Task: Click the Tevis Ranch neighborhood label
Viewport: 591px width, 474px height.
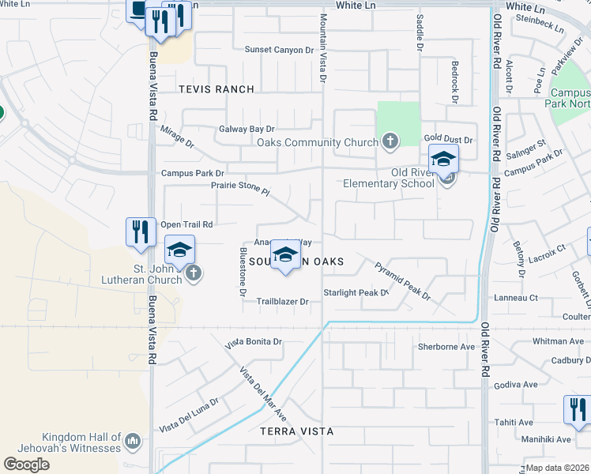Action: pos(216,89)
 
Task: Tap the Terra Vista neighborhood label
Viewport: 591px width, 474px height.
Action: pos(296,431)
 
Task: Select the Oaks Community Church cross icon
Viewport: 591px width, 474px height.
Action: pos(389,142)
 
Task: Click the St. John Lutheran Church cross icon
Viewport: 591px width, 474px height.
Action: pos(194,274)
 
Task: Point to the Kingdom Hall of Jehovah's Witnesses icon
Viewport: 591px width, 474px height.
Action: pos(133,438)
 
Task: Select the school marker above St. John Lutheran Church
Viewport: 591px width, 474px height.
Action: pos(179,251)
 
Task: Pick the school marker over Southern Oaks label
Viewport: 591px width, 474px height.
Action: pos(285,255)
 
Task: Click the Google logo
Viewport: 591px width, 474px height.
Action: pos(26,465)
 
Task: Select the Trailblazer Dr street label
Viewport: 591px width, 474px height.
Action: pos(282,302)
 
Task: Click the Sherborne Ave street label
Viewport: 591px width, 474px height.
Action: pos(446,347)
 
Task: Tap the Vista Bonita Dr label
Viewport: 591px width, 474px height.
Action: pos(253,343)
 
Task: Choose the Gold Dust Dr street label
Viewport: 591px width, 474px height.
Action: pos(447,139)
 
